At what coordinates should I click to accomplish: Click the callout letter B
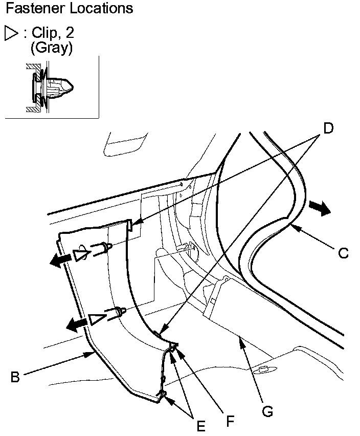coord(15,378)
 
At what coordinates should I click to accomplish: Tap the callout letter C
coord(344,252)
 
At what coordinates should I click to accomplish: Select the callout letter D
coord(328,128)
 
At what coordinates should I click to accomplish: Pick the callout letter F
coord(231,421)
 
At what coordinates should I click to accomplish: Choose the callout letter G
coord(266,410)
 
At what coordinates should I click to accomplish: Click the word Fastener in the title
coord(36,8)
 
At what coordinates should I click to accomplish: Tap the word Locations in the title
coord(101,8)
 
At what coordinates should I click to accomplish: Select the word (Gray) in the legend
coord(51,48)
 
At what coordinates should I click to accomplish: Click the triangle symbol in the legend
coord(11,34)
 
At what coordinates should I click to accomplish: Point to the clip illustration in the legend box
coord(51,87)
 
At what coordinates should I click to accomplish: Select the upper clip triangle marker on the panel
coord(80,255)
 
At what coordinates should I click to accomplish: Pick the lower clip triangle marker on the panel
coord(96,319)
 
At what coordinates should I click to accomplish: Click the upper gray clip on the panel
coord(102,249)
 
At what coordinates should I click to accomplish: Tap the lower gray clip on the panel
coord(117,312)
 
